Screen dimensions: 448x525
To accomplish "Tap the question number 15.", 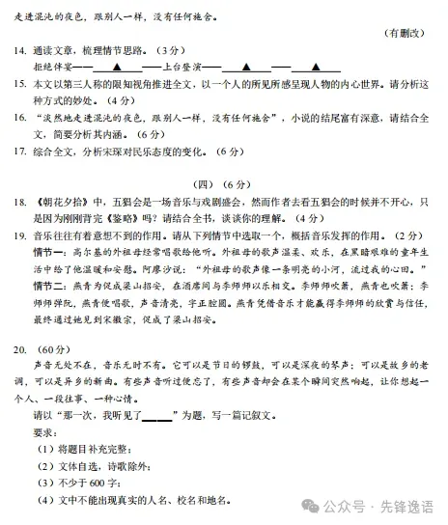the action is (19, 84).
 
